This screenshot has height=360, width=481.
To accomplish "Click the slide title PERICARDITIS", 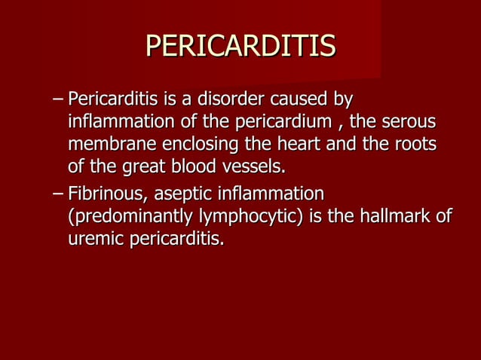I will pyautogui.click(x=240, y=46).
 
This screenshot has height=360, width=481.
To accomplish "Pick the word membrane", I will pyautogui.click(x=103, y=143).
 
